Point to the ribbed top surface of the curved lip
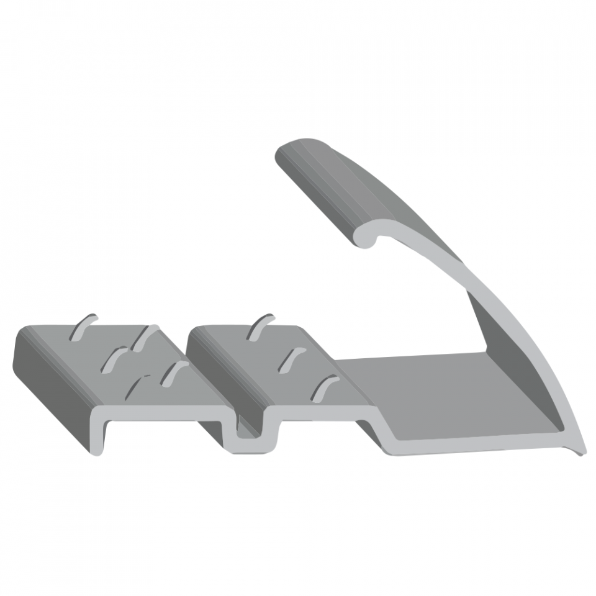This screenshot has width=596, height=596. coord(348,186)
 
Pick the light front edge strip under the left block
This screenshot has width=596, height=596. coord(161,413)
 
